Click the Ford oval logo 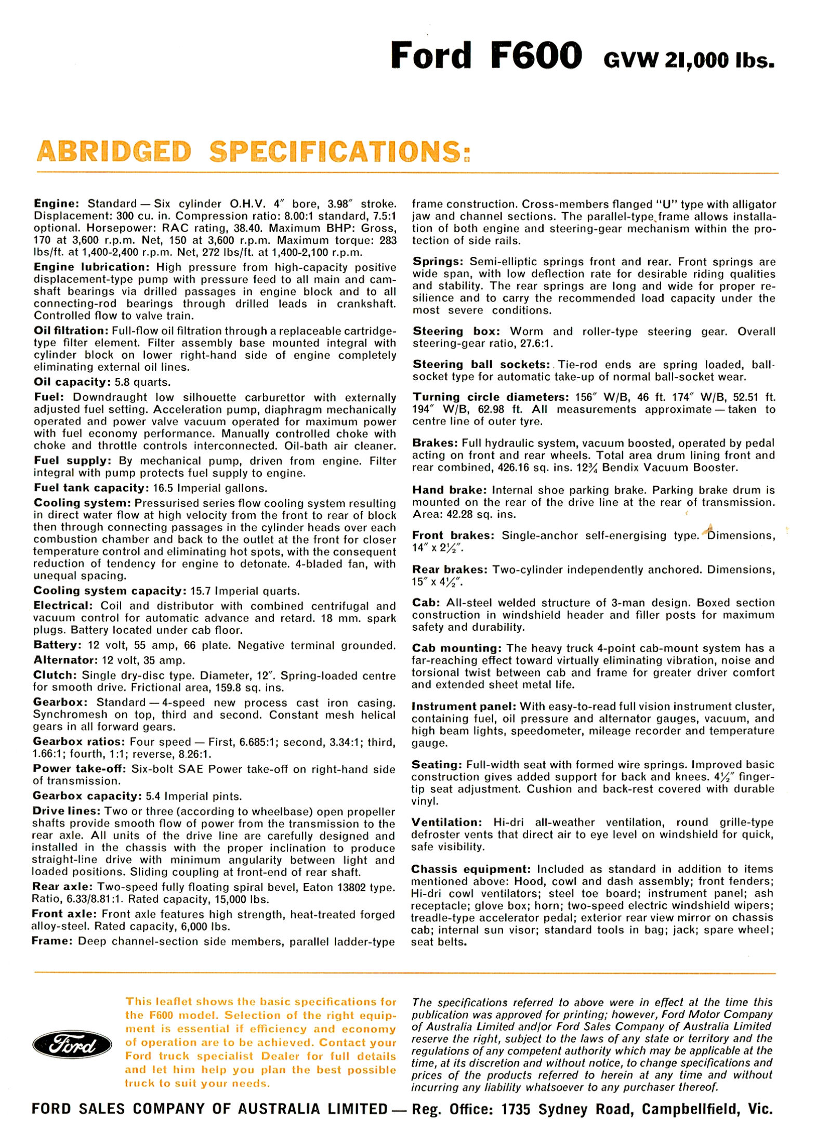coord(72,1045)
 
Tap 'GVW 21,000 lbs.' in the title coord(689,61)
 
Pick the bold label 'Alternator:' coord(65,660)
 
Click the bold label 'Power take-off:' coord(80,769)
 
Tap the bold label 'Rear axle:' coord(62,887)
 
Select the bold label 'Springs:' coord(438,262)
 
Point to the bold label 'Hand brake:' coord(450,490)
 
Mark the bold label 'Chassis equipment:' coord(471,869)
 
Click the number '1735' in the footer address coord(516,1110)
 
